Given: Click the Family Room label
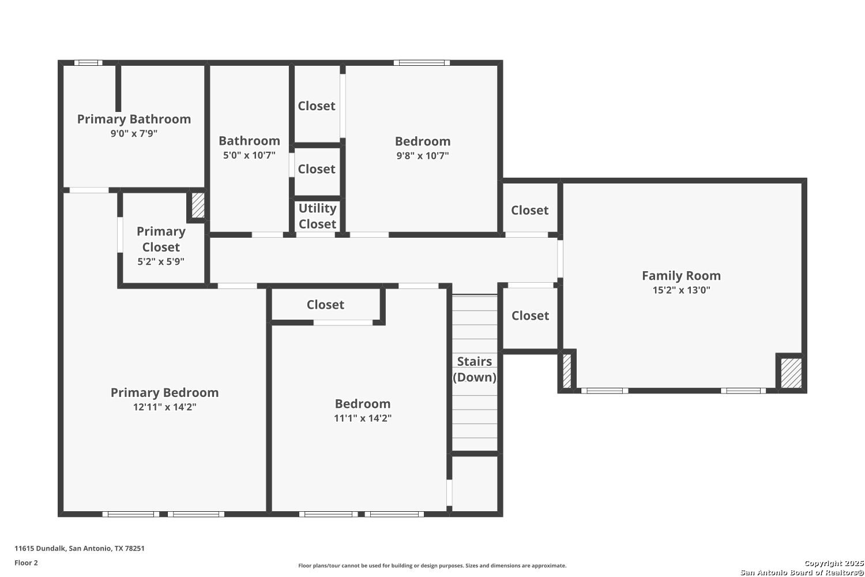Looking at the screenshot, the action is tap(681, 276).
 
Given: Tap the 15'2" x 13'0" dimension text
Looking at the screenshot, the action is tap(681, 290).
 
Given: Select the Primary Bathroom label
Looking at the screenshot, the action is tap(134, 119).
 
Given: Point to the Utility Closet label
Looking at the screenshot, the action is tap(317, 216).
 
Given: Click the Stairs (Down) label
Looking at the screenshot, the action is tap(475, 369).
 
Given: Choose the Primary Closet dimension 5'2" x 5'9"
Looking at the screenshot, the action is tap(161, 261).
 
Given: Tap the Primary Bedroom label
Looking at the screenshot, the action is tap(164, 393).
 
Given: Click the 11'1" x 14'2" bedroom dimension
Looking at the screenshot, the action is tap(363, 418).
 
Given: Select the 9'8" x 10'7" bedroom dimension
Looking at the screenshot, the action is tap(423, 155).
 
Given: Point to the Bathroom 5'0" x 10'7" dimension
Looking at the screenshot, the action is tap(250, 155).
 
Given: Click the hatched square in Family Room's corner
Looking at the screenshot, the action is tap(791, 373).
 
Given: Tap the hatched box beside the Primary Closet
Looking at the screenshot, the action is tap(198, 205).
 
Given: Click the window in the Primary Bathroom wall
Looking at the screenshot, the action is tap(88, 63).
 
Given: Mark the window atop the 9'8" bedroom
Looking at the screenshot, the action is tap(422, 63).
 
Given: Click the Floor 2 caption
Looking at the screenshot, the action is tap(27, 563).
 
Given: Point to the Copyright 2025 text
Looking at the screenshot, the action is tap(834, 563).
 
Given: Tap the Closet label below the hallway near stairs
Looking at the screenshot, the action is tap(530, 316).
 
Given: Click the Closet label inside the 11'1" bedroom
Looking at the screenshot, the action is tap(325, 305).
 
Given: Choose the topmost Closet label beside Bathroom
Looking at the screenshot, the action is tap(317, 106).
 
